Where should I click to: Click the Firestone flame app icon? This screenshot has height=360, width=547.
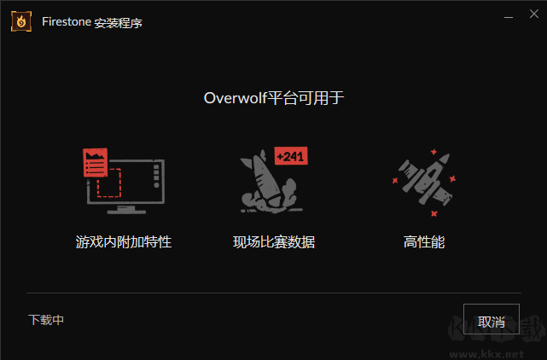pyautogui.click(x=21, y=21)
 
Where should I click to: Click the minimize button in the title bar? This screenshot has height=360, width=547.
pyautogui.click(x=509, y=17)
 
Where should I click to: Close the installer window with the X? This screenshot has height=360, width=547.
pyautogui.click(x=533, y=14)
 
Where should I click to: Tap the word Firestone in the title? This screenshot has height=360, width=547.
pyautogui.click(x=67, y=21)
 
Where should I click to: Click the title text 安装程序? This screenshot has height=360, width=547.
pyautogui.click(x=119, y=23)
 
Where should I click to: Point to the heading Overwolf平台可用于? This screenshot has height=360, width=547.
pyautogui.click(x=274, y=98)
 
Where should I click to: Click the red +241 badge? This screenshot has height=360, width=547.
pyautogui.click(x=291, y=155)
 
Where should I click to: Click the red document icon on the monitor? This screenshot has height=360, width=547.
pyautogui.click(x=96, y=163)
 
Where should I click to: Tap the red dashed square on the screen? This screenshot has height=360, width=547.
pyautogui.click(x=109, y=183)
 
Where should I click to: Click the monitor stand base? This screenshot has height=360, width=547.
pyautogui.click(x=126, y=211)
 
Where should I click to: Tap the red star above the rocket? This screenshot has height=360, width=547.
pyautogui.click(x=434, y=152)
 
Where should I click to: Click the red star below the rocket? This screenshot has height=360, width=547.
pyautogui.click(x=434, y=213)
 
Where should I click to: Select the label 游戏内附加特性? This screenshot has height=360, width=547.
pyautogui.click(x=124, y=241)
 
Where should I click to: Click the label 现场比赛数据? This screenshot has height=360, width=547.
pyautogui.click(x=274, y=241)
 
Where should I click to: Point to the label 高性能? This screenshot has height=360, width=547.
pyautogui.click(x=424, y=241)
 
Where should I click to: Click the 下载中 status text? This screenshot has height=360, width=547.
pyautogui.click(x=46, y=320)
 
